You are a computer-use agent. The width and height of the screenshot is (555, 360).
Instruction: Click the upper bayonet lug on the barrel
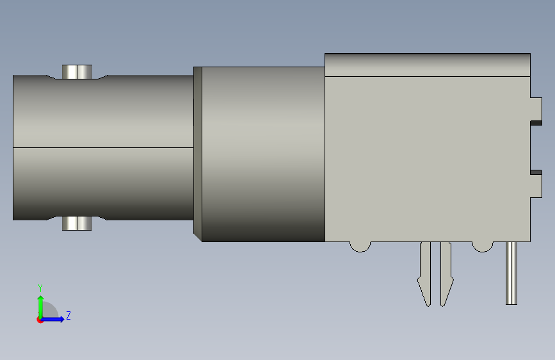pos(77,72)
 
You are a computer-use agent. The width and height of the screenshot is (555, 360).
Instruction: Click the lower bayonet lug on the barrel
pos(77,223)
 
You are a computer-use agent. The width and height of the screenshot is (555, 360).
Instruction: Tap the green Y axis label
pos(40,288)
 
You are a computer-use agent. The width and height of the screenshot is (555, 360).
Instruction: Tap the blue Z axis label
pos(68,315)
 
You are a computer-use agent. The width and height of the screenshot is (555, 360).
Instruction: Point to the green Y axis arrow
pos(41,307)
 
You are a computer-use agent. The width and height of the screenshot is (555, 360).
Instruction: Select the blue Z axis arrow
pos(52,319)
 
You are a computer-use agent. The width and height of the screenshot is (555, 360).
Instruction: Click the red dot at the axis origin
pos(40,320)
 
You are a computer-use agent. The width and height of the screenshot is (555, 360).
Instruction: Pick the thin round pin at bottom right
pos(511,273)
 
